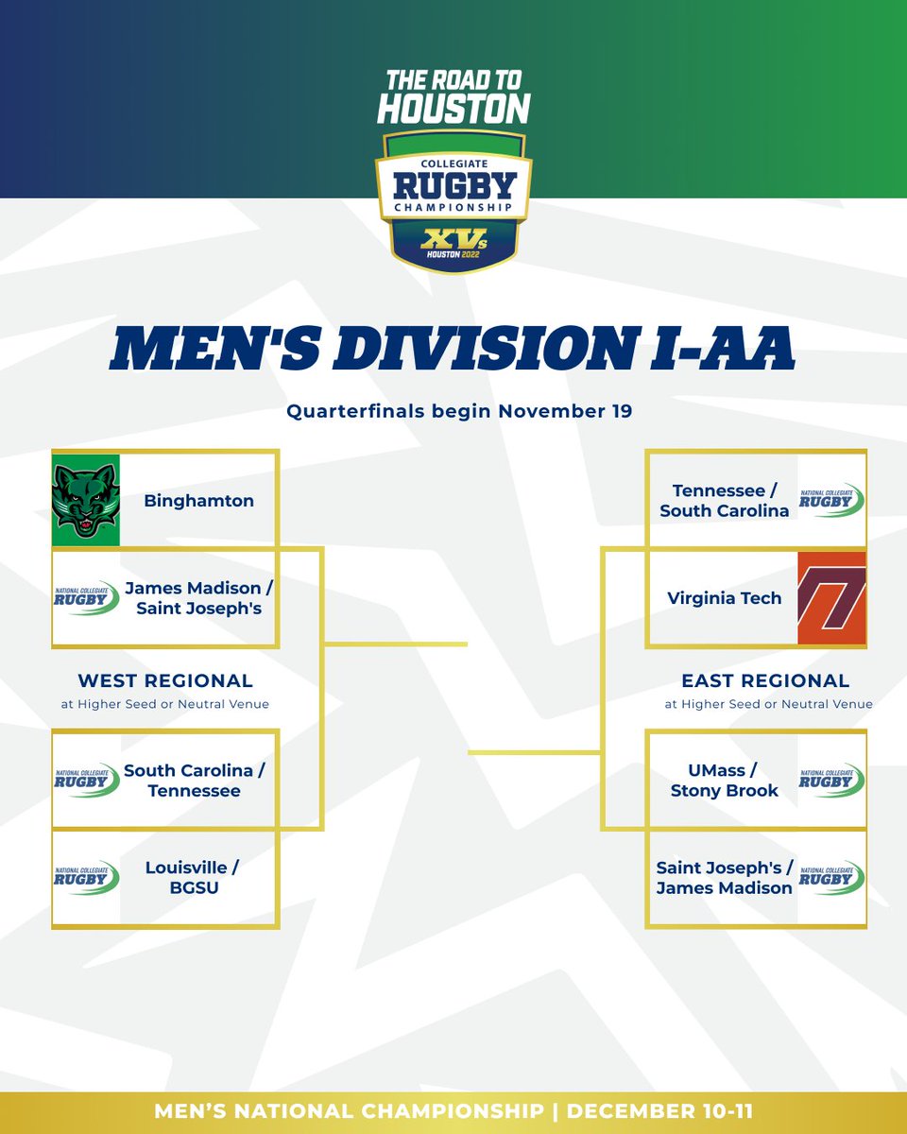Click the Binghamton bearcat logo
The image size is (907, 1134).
(85, 500)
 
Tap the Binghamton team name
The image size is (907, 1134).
(198, 501)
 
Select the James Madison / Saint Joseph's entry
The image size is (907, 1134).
(198, 598)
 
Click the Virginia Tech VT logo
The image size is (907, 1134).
(831, 598)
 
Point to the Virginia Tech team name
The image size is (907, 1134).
(725, 598)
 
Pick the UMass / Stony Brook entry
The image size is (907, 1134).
(725, 781)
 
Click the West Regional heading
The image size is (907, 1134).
(165, 680)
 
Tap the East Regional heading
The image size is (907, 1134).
(765, 680)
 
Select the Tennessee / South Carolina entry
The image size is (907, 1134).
(725, 501)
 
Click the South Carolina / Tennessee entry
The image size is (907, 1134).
(195, 781)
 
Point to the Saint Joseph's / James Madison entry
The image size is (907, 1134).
(725, 877)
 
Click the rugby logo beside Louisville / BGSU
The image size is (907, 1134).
(86, 877)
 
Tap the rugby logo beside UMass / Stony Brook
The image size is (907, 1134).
(831, 781)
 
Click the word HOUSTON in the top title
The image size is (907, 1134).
(453, 109)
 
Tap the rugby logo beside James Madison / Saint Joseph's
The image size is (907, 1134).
(86, 598)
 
